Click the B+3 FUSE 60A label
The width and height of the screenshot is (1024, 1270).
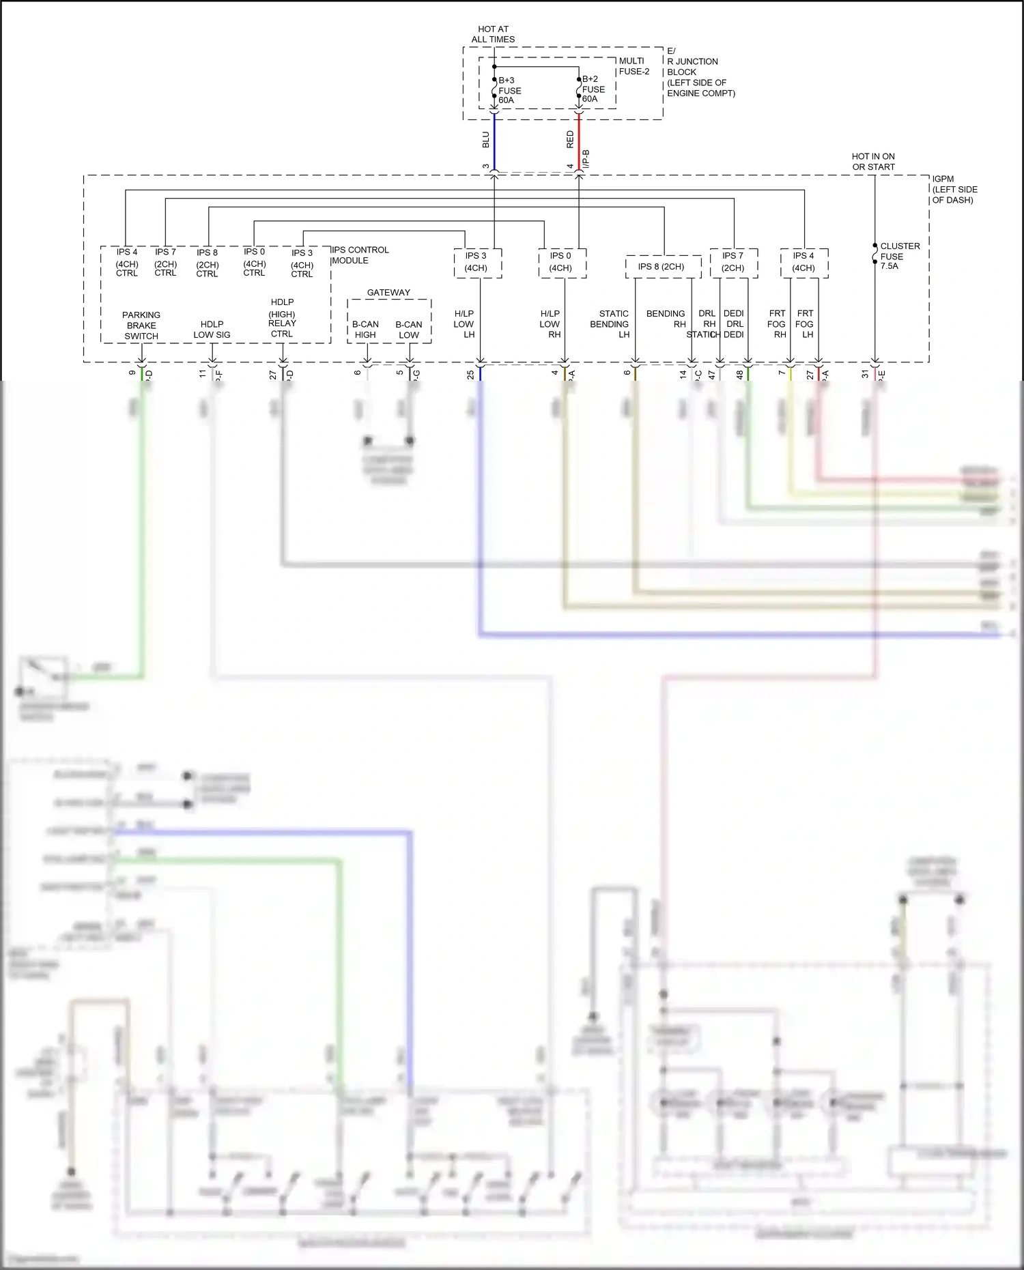coord(509,90)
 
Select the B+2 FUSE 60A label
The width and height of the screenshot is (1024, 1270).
coord(593,89)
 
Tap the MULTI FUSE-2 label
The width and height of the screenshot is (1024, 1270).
coord(634,66)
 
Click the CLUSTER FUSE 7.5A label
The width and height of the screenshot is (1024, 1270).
coord(899,256)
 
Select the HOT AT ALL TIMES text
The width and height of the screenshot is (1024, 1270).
coord(493,34)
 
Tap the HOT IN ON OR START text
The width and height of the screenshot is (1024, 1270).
coord(873,162)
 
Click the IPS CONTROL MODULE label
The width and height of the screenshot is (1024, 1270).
coord(360,255)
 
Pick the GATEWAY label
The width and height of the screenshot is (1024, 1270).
coord(388,293)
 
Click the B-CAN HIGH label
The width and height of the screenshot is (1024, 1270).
coord(365,330)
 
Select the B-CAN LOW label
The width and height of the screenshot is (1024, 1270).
coord(408,330)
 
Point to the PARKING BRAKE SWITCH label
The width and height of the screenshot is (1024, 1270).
coord(141,326)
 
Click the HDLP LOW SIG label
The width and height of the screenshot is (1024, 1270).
coord(212,330)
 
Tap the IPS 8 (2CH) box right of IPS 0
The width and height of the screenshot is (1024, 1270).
coord(662,267)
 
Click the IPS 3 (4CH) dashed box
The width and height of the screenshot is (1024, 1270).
coord(477,263)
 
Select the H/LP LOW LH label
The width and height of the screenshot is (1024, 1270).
coord(464,324)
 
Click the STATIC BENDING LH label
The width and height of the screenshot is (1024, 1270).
coord(610,324)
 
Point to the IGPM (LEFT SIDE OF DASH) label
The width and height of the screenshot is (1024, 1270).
coord(954,190)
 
